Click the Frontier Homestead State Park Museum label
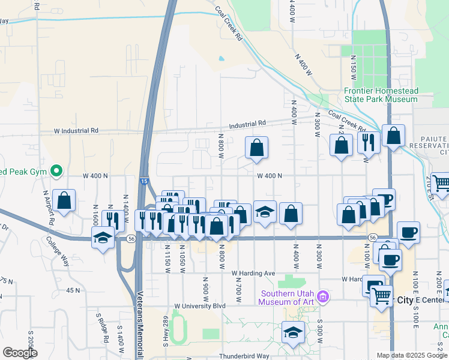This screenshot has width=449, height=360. (381, 95)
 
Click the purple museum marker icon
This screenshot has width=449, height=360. (324, 296)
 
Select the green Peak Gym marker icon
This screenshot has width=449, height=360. (57, 172)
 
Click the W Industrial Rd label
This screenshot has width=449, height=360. (76, 130)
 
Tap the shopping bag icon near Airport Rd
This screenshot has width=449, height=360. (64, 200)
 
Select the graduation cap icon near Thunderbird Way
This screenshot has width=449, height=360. (293, 332)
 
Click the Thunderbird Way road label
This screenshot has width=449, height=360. (244, 356)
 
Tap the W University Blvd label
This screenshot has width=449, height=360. (200, 306)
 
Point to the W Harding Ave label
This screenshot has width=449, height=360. (253, 274)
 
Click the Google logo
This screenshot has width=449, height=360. (19, 353)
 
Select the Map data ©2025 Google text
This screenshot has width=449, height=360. (412, 355)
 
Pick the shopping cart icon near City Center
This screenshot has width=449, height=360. (382, 295)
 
